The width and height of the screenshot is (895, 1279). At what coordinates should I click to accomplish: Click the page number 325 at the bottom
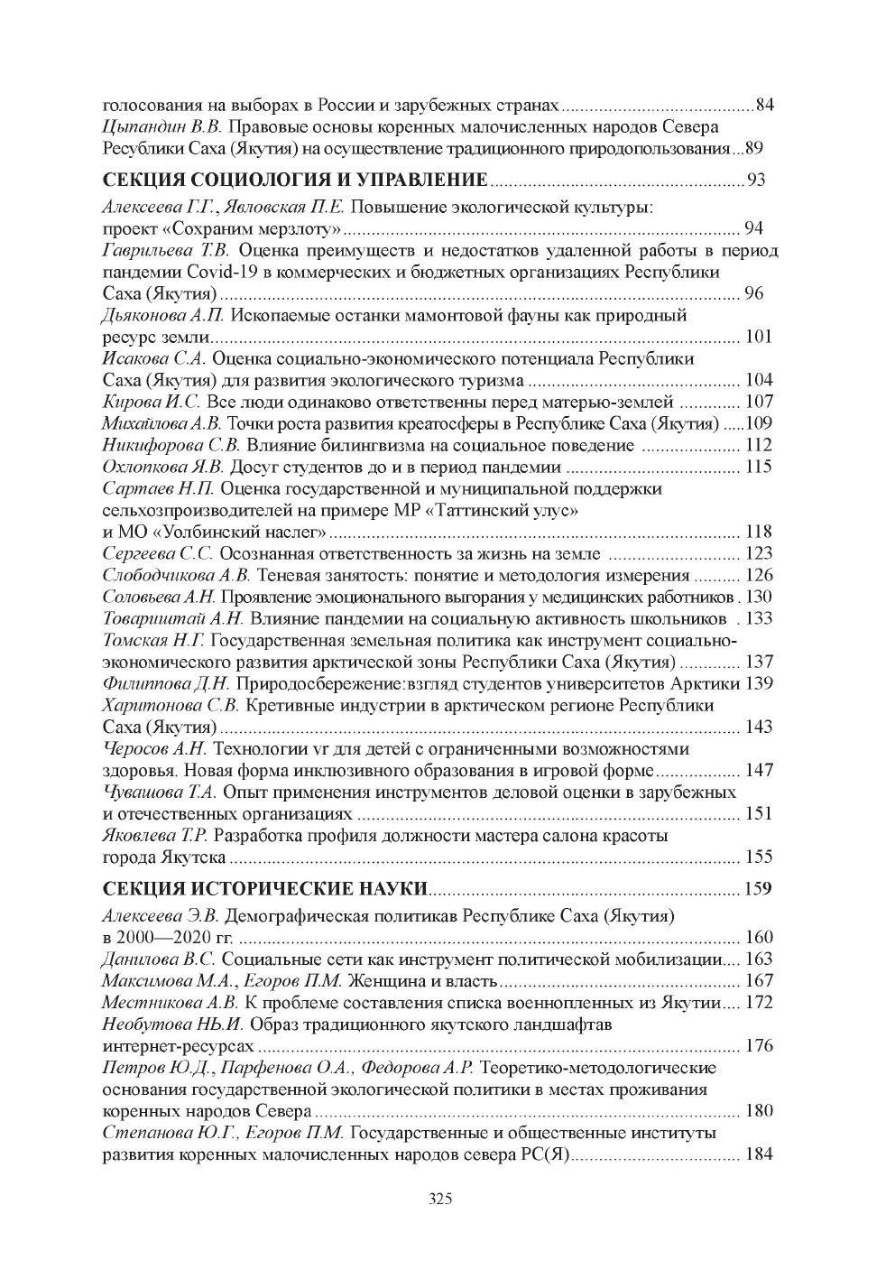pyautogui.click(x=440, y=1200)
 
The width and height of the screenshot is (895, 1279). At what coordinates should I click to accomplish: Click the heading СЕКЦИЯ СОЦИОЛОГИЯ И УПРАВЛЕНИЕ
pyautogui.click(x=295, y=179)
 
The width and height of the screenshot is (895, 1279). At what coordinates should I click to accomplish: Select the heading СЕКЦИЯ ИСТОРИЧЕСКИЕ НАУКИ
pyautogui.click(x=264, y=888)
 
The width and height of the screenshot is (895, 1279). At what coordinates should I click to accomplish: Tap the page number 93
pyautogui.click(x=756, y=180)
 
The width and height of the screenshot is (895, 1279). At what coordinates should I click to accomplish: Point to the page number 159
pyautogui.click(x=758, y=889)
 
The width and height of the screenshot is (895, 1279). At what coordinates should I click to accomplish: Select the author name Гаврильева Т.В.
pyautogui.click(x=167, y=250)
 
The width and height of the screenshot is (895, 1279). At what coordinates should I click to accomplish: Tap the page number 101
pyautogui.click(x=759, y=338)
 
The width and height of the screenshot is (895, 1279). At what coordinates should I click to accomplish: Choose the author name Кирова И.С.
pyautogui.click(x=145, y=402)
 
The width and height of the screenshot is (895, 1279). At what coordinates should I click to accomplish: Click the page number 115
pyautogui.click(x=759, y=467)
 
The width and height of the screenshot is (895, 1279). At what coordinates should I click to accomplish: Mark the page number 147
pyautogui.click(x=759, y=771)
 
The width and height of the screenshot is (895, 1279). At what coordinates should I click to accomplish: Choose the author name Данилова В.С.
pyautogui.click(x=159, y=959)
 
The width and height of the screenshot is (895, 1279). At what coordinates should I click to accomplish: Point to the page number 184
pyautogui.click(x=759, y=1154)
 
